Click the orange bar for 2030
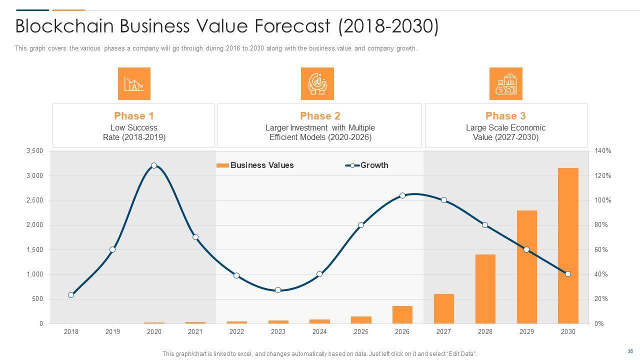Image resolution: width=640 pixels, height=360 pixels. click(x=568, y=245)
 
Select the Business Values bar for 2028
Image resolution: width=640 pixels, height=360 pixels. click(x=485, y=289)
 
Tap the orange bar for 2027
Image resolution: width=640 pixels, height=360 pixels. click(x=443, y=308)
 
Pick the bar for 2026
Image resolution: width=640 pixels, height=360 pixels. click(x=402, y=314)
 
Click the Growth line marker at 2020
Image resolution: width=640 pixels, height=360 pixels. click(x=154, y=165)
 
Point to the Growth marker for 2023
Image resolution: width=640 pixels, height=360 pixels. click(x=278, y=290)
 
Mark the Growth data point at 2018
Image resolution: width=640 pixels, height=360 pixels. click(x=71, y=295)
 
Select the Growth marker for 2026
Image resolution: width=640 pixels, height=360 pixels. click(x=402, y=195)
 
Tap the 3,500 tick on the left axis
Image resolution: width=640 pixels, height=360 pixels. click(x=34, y=151)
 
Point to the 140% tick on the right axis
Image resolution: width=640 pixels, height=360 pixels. click(x=603, y=151)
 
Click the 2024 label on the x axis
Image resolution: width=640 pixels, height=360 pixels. click(x=319, y=331)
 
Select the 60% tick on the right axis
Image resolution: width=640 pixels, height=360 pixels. click(x=601, y=249)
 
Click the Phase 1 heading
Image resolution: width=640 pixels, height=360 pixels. click(x=133, y=116)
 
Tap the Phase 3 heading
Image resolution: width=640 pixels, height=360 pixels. click(x=505, y=116)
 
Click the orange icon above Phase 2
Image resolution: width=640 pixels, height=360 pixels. click(x=317, y=84)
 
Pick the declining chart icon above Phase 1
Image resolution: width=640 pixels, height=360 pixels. click(x=134, y=84)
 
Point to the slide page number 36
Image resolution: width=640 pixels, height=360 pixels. click(x=630, y=351)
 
